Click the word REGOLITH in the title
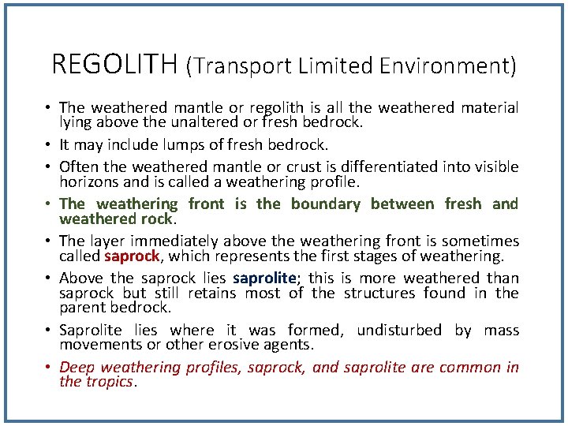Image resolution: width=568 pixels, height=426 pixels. pos(114,64)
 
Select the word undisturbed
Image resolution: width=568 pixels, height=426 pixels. pos(399,330)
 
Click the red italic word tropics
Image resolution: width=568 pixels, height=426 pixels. pos(110,382)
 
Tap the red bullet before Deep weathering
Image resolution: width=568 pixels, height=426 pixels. pos(50,368)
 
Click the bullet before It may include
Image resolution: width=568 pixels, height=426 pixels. pos(50,144)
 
